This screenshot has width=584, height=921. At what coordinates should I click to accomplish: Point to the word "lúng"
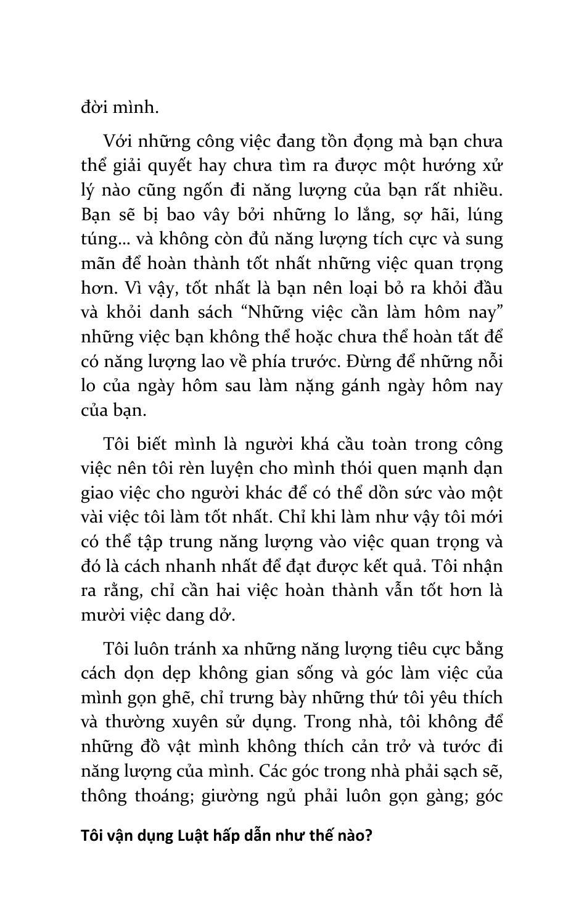pos(485,215)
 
